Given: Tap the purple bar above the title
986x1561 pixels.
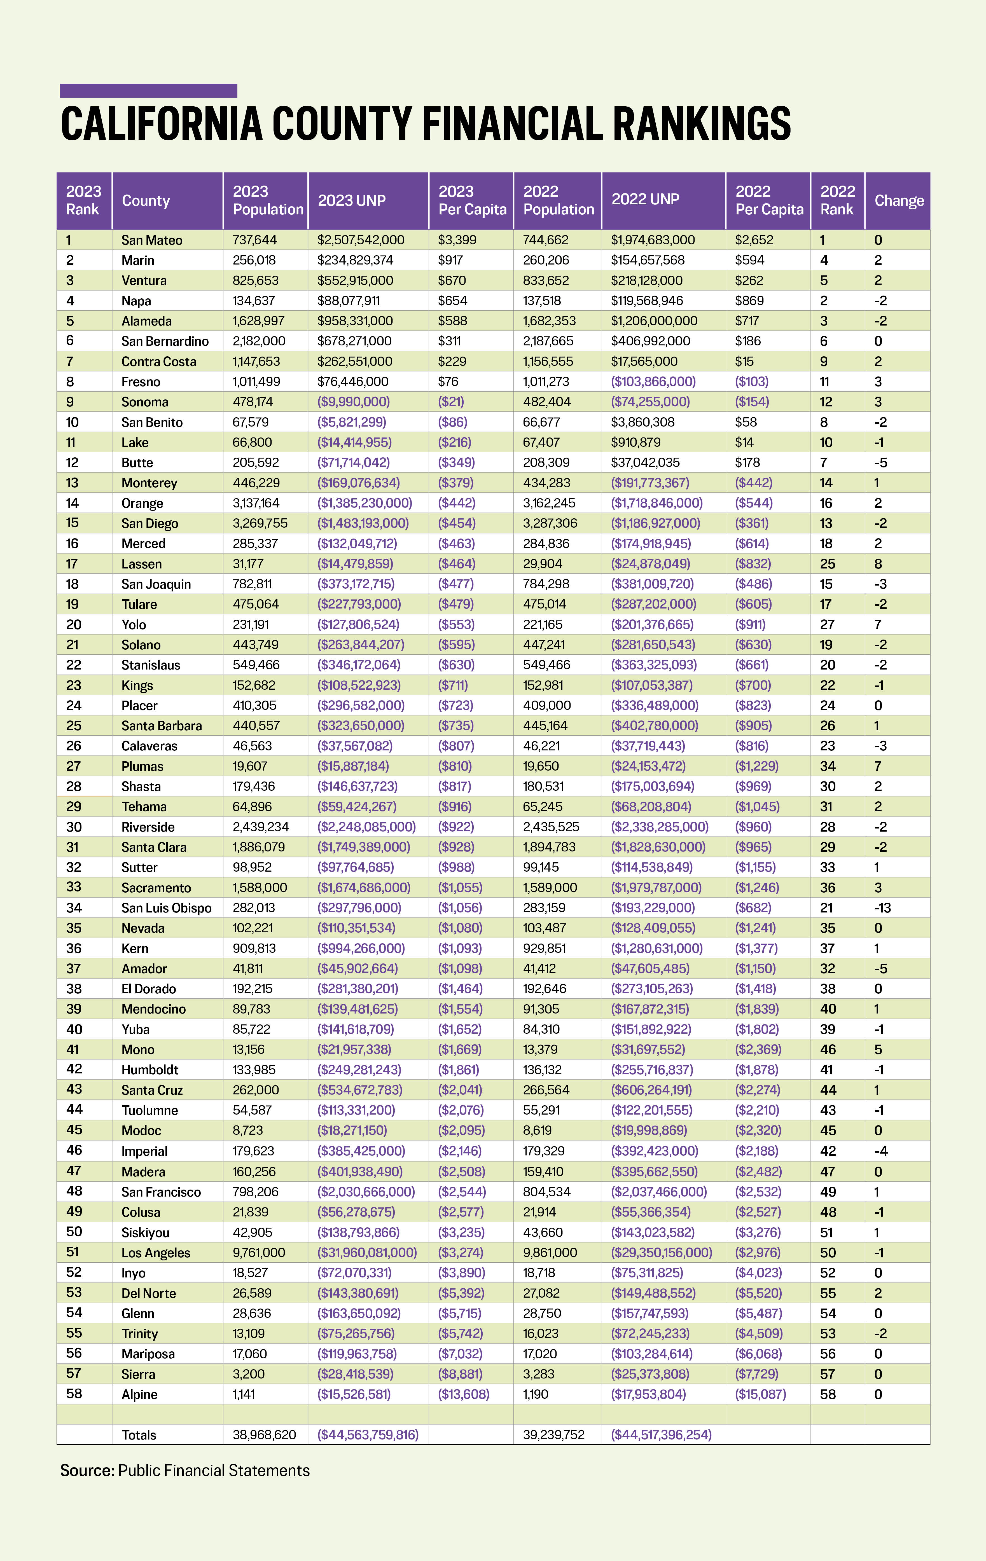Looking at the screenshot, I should [x=148, y=91].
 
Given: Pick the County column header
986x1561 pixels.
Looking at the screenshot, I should [x=146, y=200].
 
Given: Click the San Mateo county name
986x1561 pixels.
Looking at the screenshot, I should [x=152, y=240].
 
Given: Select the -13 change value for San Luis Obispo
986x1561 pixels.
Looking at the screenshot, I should [x=882, y=907].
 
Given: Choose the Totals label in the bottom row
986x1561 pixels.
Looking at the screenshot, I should [x=139, y=1434].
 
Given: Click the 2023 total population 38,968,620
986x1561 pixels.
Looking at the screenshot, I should [x=264, y=1434].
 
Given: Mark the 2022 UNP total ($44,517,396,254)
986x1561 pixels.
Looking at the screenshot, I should [x=661, y=1434].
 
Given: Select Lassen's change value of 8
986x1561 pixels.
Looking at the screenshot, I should [x=878, y=563].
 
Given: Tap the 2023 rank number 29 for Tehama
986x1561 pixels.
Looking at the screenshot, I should [x=74, y=806].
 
